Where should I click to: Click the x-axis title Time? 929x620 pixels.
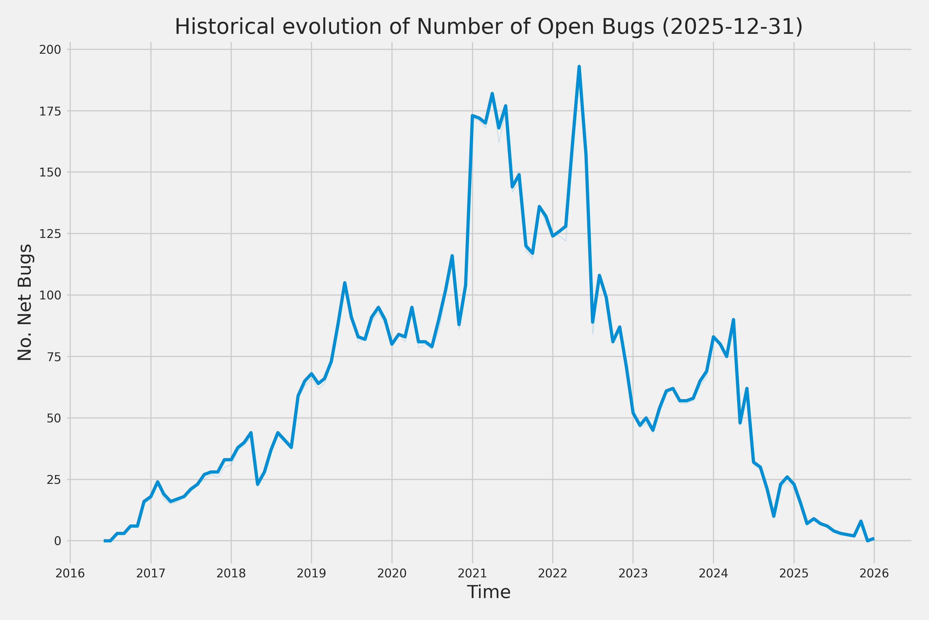click(x=488, y=592)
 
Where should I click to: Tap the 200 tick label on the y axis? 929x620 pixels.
click(x=50, y=50)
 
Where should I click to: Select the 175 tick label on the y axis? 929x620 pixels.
click(x=50, y=111)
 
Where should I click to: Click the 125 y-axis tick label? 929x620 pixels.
click(x=50, y=234)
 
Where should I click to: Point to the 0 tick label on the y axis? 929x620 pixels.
click(x=58, y=541)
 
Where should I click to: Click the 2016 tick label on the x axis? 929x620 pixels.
click(x=70, y=573)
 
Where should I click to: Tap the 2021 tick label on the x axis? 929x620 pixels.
click(x=472, y=573)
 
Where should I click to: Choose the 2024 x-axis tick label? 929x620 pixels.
click(x=713, y=573)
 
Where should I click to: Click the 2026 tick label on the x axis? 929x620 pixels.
click(x=874, y=573)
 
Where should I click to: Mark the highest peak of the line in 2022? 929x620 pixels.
click(x=579, y=67)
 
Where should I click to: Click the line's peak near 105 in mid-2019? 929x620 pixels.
click(x=345, y=283)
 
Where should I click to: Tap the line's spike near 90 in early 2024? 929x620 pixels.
click(x=733, y=320)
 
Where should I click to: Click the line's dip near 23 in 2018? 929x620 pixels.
click(x=258, y=484)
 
